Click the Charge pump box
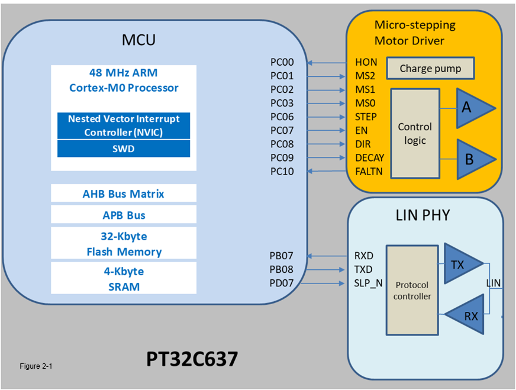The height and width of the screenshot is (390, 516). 431,69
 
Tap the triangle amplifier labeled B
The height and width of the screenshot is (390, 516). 472,160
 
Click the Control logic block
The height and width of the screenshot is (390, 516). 415,134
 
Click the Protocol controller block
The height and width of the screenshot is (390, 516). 412,290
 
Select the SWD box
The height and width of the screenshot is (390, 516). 124,149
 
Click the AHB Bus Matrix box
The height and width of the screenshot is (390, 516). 124,194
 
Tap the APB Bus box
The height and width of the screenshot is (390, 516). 124,215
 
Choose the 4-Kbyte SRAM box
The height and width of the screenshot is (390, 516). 124,279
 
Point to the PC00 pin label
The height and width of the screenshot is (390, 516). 282,62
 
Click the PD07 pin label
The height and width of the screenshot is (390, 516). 282,283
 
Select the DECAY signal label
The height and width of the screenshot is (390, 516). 369,158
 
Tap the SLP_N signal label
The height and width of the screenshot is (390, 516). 368,283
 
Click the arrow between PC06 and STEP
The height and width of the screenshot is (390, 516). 327,117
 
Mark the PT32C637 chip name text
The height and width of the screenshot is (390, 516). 192,359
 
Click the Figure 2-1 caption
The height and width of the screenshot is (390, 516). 36,366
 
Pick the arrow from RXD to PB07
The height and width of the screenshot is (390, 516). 327,256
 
